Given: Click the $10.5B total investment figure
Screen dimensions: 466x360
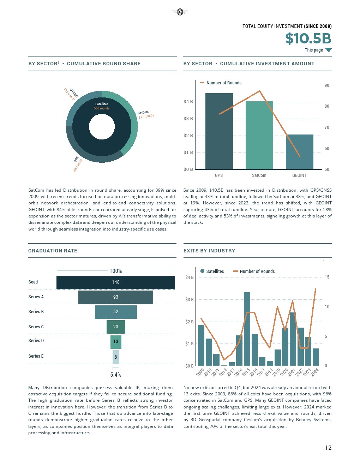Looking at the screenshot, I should tap(308, 38).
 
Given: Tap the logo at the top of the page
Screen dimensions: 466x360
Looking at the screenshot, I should tap(180, 12).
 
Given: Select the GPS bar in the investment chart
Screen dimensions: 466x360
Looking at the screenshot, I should tap(219, 131).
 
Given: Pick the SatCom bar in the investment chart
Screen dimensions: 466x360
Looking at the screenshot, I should tap(259, 135).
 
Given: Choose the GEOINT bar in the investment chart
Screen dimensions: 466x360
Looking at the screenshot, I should tap(299, 152).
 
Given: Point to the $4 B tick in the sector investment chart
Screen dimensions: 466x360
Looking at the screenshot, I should tap(188, 102).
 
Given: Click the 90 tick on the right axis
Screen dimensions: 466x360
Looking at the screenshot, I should tap(327, 85).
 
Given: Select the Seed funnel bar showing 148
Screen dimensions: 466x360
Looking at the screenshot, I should tap(116, 282).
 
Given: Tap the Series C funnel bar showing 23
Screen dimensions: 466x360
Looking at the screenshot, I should tap(116, 327).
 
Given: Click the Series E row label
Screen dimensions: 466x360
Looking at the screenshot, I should tap(36, 356).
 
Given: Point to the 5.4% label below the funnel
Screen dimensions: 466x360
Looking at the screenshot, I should tap(116, 375).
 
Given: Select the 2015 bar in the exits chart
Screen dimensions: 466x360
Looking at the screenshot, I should tap(247, 329).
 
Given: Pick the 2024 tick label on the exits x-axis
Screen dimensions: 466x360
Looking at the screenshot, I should tap(314, 372).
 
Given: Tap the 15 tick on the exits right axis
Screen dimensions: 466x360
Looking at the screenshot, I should tap(327, 277).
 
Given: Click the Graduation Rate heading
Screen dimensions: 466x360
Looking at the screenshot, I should tap(53, 251).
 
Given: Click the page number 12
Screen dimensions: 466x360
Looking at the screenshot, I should tap(328, 448).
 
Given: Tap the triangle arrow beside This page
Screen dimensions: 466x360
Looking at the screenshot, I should tap(329, 50).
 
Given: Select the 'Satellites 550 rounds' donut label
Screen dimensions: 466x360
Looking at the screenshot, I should tap(102, 106).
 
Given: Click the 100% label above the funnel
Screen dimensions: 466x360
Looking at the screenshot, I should tap(116, 271).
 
